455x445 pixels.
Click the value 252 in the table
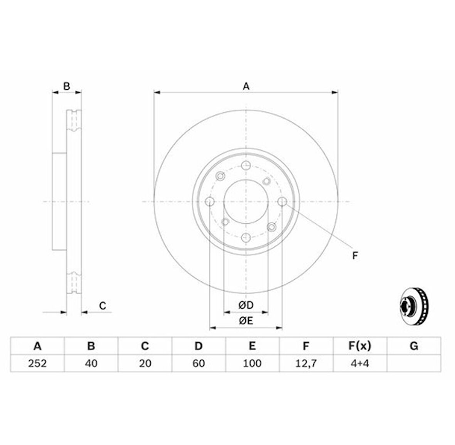(37, 363)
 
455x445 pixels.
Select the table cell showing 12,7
(306, 363)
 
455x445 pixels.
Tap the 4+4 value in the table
(360, 363)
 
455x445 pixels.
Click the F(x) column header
(360, 346)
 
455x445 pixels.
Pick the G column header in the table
(414, 346)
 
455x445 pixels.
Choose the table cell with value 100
(252, 363)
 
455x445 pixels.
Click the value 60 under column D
(199, 363)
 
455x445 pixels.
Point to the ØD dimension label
(246, 305)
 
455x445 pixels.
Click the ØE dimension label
(246, 320)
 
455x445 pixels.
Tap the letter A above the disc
(246, 86)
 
